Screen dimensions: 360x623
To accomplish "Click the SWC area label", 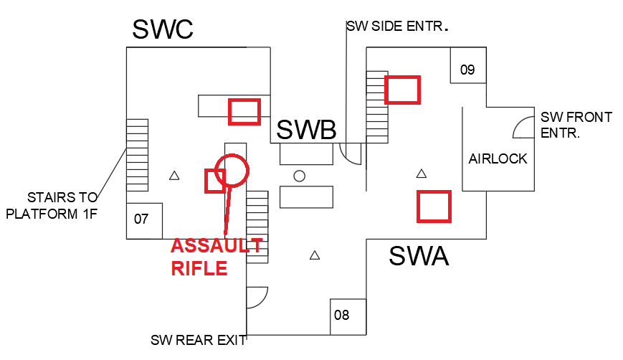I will [x=163, y=30].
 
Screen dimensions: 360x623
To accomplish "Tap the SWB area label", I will [x=306, y=130].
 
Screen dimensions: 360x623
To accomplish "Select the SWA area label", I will [x=419, y=255].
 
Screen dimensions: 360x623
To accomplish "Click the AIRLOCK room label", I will [x=498, y=159].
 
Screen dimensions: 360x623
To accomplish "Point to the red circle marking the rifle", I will [x=232, y=171].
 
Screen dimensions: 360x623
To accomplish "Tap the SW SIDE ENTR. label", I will [x=397, y=27].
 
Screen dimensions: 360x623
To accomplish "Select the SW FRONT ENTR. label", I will [x=576, y=125].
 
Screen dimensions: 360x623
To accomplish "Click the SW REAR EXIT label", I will [x=198, y=340].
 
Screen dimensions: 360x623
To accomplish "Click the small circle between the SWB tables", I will [x=300, y=176].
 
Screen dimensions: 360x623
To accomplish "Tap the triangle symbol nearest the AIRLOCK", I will [x=422, y=174].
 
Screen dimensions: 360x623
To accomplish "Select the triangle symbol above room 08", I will [x=314, y=255].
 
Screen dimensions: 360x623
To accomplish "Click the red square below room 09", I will [x=402, y=90].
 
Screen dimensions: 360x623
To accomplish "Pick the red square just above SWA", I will [x=434, y=206].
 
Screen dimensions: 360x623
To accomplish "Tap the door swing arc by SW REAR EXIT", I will [x=257, y=298].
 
